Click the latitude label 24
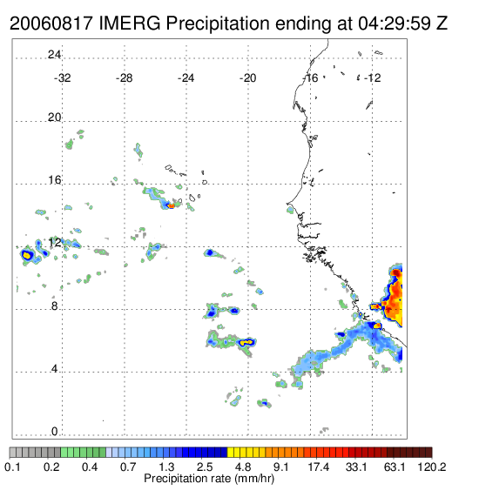(54, 55)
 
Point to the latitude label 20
(54, 118)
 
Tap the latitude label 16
(54, 180)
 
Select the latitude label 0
(55, 432)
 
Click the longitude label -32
(62, 78)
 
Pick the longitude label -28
(124, 78)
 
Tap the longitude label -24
(186, 78)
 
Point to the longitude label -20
(247, 78)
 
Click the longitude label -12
(373, 78)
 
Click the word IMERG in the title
(130, 24)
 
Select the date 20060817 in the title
(51, 24)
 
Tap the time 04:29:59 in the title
(394, 24)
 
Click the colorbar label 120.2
(432, 467)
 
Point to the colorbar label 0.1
(12, 467)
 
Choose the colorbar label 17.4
(319, 467)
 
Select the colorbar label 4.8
(243, 467)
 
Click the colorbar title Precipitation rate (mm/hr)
(209, 479)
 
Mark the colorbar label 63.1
(395, 467)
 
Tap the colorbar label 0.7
(128, 467)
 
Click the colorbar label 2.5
(205, 467)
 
